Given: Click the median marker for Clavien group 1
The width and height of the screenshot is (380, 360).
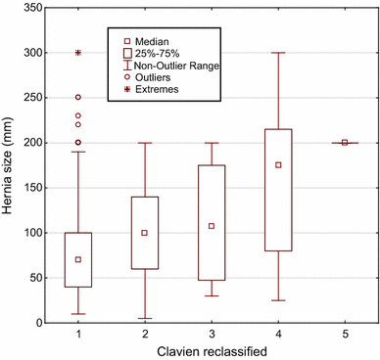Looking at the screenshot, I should (77, 259).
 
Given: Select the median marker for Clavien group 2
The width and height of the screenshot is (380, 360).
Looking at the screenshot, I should (144, 233).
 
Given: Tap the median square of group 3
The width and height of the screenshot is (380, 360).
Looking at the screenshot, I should (212, 226).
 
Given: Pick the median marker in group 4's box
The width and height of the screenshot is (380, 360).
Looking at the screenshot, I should (278, 165).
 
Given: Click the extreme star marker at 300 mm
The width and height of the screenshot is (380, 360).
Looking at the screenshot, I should (77, 53).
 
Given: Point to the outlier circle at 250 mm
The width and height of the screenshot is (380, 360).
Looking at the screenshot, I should (77, 98).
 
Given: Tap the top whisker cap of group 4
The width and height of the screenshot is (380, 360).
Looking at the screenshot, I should (278, 53).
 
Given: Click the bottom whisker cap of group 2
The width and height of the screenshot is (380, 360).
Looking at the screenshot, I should (144, 318).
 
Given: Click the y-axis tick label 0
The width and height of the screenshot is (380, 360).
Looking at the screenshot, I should (40, 323).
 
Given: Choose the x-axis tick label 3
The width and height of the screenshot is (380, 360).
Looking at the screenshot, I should (212, 333).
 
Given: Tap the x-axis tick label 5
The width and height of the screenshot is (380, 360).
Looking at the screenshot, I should (345, 333).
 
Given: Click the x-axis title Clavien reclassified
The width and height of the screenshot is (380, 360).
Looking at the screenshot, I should (211, 349).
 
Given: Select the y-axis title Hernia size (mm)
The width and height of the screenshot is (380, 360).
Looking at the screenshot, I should (10, 165).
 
